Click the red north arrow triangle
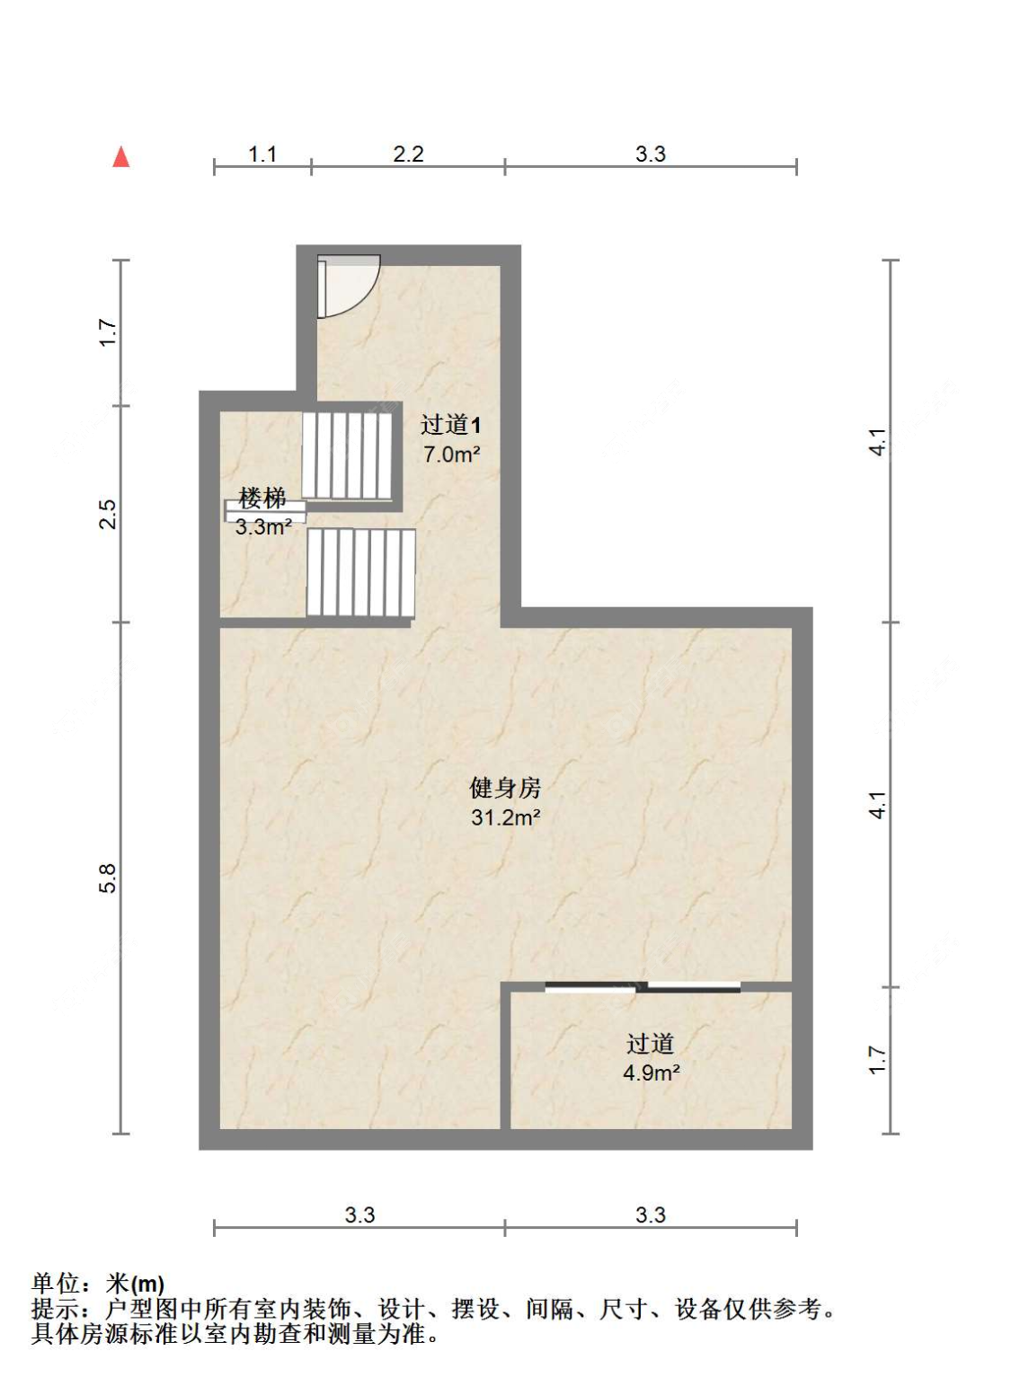pyautogui.click(x=121, y=157)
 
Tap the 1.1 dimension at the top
pyautogui.click(x=262, y=155)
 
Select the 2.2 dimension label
pyautogui.click(x=408, y=155)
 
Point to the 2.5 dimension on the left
pyautogui.click(x=108, y=514)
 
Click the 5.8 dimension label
pyautogui.click(x=108, y=878)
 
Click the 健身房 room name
pyautogui.click(x=505, y=788)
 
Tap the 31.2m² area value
pyautogui.click(x=505, y=817)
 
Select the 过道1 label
pyautogui.click(x=450, y=425)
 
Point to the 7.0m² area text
pyautogui.click(x=451, y=455)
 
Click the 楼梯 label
pyautogui.click(x=262, y=497)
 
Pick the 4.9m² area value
pyautogui.click(x=651, y=1073)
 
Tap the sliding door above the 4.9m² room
pyautogui.click(x=643, y=987)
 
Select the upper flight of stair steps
pyautogui.click(x=347, y=455)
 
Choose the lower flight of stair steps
pyautogui.click(x=360, y=572)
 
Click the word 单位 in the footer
pyautogui.click(x=56, y=1284)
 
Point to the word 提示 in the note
pyautogui.click(x=56, y=1309)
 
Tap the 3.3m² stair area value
pyautogui.click(x=263, y=527)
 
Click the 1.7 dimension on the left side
pyautogui.click(x=108, y=332)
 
